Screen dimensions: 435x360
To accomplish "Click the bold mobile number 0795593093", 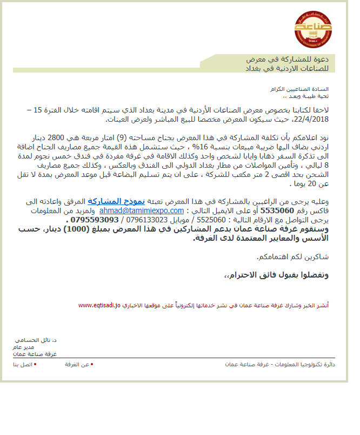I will pos(94,220).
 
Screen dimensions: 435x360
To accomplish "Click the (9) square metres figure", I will pos(122,137).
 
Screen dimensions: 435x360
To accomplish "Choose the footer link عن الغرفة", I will pos(77,365).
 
